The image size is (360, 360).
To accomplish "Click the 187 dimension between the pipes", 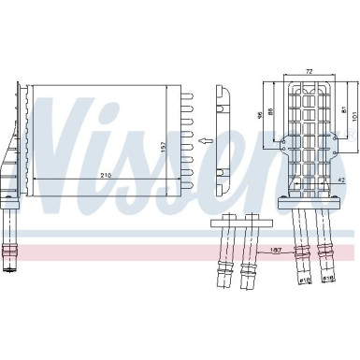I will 277,250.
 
